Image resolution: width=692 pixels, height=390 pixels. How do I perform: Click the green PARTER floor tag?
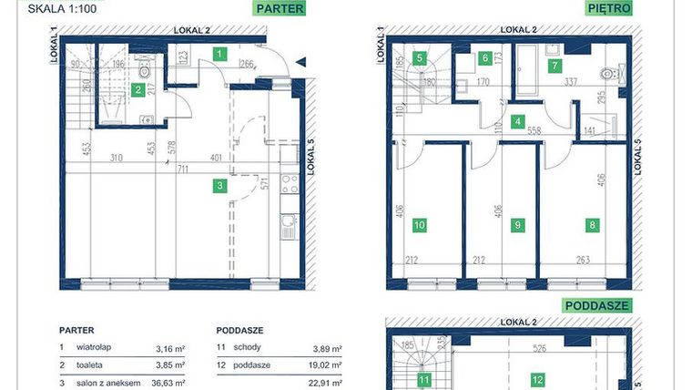point(279,10)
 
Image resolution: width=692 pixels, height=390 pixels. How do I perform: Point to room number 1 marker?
point(219,54)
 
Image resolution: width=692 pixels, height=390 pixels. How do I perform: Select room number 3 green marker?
point(219,187)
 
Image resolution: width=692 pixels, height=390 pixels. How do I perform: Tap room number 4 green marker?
point(517,121)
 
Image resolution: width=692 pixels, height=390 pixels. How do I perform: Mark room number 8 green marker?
point(593,225)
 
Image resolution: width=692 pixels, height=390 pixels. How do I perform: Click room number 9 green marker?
point(517,225)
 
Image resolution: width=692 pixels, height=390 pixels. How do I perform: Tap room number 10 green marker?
point(420,225)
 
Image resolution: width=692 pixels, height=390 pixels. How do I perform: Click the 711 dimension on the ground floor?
point(184,169)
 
